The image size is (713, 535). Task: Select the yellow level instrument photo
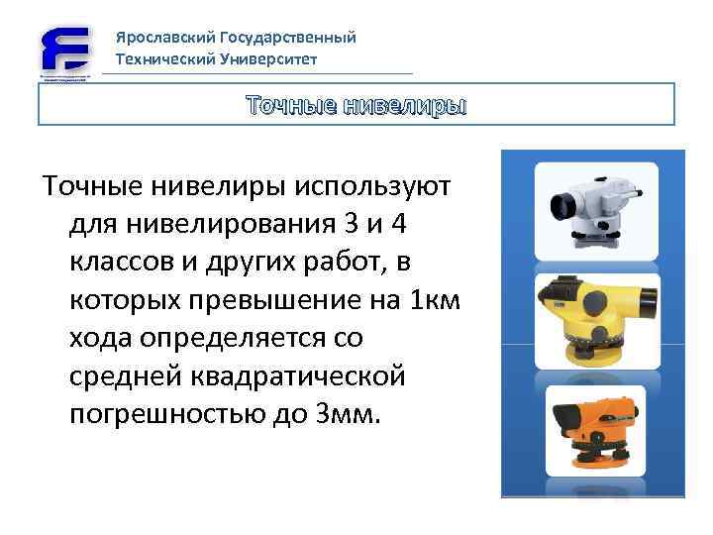[x=592, y=314]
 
